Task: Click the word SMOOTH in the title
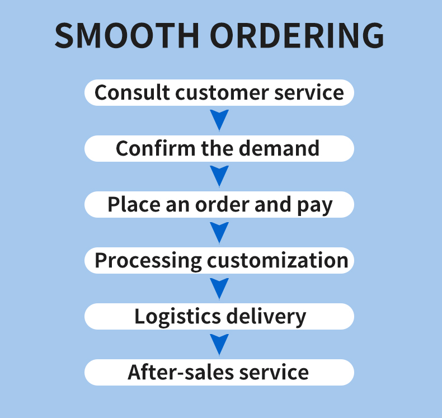tap(127, 35)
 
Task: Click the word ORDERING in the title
tap(297, 35)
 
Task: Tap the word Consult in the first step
tap(132, 92)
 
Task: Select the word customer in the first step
tap(222, 93)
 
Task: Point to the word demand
tap(279, 148)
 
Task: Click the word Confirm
tap(156, 148)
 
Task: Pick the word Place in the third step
tap(134, 204)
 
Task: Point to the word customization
tap(278, 260)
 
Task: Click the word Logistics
tap(177, 317)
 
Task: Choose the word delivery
tap(266, 317)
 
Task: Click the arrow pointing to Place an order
tap(219, 176)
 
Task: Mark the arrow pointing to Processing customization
tap(219, 232)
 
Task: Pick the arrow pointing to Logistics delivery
tap(219, 288)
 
